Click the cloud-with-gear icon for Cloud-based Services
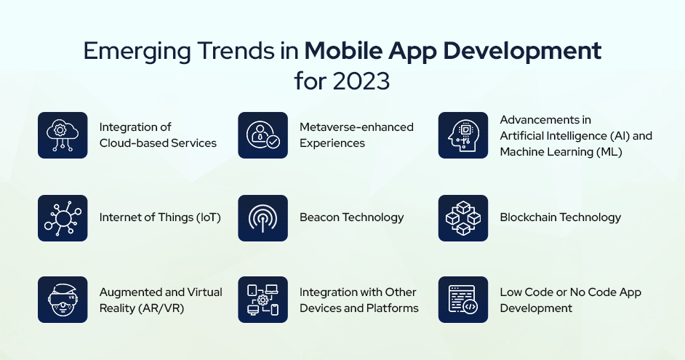pos(63,135)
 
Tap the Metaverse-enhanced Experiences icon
pos(263,135)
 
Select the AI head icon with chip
pos(462,135)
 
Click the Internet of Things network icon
pos(63,217)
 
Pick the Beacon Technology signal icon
pos(263,217)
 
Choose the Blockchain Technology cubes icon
pos(462,217)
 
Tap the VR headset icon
pos(63,300)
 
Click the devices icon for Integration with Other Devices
pos(263,300)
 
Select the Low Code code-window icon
pos(462,300)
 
